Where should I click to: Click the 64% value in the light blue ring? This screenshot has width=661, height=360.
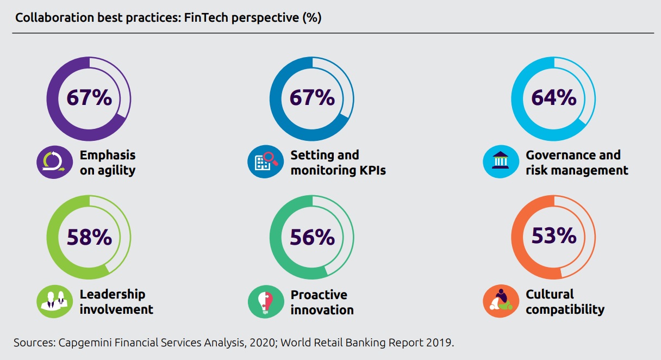(x=553, y=97)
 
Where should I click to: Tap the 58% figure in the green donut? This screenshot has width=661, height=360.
(x=89, y=237)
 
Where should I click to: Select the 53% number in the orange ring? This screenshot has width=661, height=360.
(x=553, y=235)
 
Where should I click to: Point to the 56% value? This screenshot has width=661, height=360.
(x=311, y=237)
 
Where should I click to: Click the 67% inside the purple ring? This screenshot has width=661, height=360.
(x=89, y=98)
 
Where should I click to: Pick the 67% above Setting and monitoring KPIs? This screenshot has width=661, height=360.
(x=311, y=98)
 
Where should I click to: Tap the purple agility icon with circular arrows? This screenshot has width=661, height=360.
(x=54, y=162)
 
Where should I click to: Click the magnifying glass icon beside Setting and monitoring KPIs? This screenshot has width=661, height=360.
(x=265, y=162)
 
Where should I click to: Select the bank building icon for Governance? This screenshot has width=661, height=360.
(x=501, y=162)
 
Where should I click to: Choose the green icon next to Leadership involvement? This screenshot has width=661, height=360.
(x=54, y=301)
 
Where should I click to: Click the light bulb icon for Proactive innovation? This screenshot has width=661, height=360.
(x=265, y=301)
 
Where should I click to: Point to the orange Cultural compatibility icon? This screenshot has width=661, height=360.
(x=501, y=301)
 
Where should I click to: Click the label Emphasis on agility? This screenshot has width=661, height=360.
(x=107, y=163)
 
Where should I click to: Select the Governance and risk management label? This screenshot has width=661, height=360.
(x=576, y=163)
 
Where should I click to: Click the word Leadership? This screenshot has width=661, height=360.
(x=113, y=294)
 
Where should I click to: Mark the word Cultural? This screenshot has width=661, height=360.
(x=550, y=294)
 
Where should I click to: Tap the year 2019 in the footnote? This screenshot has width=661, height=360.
(x=439, y=343)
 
